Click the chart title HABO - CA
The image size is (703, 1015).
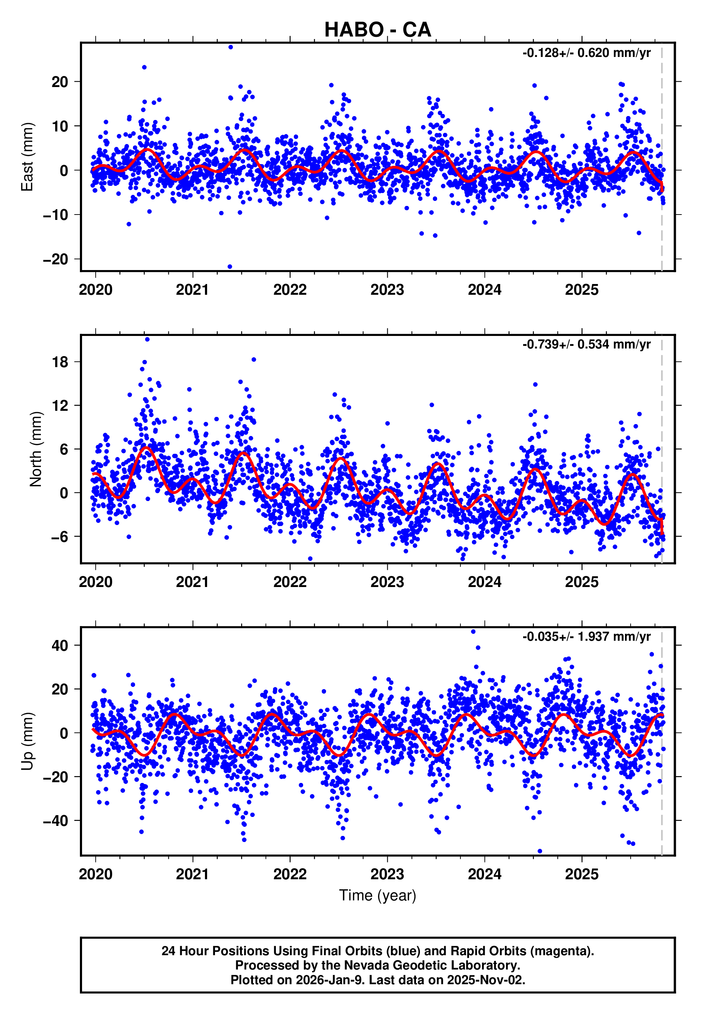(378, 30)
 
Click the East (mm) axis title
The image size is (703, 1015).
(27, 157)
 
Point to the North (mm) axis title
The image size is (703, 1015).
(36, 449)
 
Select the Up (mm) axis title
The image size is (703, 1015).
(27, 741)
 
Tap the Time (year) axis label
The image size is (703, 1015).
(378, 895)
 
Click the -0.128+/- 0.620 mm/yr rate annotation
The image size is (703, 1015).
(586, 53)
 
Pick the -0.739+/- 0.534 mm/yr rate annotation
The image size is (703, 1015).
(586, 345)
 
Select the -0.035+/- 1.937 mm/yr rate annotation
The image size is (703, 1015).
(586, 637)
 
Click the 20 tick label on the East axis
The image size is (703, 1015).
(60, 82)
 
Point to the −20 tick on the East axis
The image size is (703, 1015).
(56, 259)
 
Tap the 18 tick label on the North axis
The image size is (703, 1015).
(60, 362)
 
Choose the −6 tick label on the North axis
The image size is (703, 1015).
(59, 537)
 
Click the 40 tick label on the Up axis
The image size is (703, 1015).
(60, 646)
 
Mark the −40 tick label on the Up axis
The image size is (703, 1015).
(56, 821)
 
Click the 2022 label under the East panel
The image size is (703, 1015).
(290, 290)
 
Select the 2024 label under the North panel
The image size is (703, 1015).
(484, 582)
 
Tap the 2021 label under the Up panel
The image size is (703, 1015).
(192, 875)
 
